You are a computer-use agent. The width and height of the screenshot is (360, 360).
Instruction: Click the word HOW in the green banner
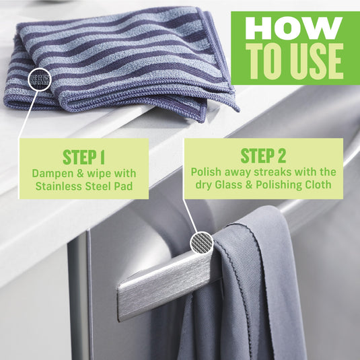point(293,28)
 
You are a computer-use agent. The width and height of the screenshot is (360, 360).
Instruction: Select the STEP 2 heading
point(263,157)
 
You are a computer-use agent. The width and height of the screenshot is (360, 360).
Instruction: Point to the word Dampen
point(53,173)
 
